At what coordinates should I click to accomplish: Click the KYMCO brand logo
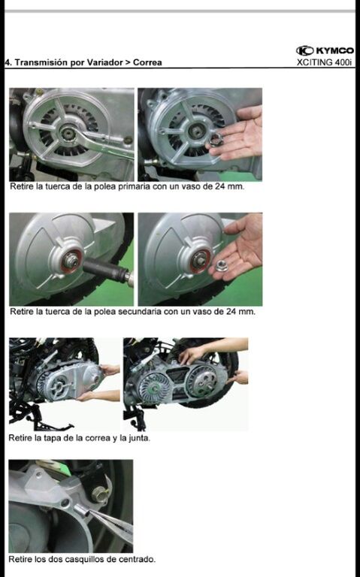(325, 50)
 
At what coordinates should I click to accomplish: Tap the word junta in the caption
(136, 438)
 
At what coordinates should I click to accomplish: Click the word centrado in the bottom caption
(137, 560)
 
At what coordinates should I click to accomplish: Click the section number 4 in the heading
(7, 62)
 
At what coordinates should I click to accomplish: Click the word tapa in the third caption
(59, 438)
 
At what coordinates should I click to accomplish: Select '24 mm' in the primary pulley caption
(229, 186)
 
